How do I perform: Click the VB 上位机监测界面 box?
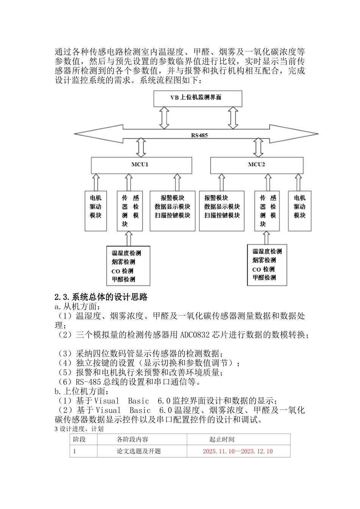(x=197, y=98)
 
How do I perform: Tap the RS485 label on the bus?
(x=199, y=135)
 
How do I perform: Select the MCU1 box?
(x=141, y=165)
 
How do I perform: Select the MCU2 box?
(x=257, y=165)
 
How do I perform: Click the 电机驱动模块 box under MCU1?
(x=95, y=211)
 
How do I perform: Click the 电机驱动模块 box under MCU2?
(x=299, y=211)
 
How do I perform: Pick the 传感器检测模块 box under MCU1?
(x=130, y=211)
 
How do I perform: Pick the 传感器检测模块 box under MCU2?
(x=267, y=211)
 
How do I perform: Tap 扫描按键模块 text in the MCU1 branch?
(x=172, y=215)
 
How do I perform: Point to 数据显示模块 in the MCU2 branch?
(x=222, y=207)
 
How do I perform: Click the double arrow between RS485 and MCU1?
(x=141, y=147)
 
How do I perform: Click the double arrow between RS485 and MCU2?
(x=258, y=147)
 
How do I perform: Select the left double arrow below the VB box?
(x=164, y=117)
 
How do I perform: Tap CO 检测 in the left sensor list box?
(x=122, y=271)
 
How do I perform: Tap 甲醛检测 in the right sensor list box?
(x=264, y=278)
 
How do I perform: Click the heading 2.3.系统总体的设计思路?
(x=101, y=297)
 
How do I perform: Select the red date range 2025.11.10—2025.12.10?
(x=238, y=451)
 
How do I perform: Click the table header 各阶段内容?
(x=132, y=439)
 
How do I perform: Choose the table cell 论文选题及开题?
(x=139, y=451)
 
